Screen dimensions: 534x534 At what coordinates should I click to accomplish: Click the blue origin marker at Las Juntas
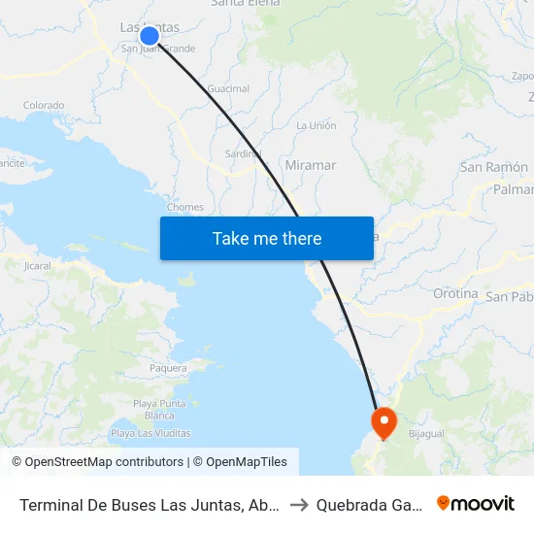coord(149,36)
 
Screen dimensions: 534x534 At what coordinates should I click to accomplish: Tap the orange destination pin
coord(384,421)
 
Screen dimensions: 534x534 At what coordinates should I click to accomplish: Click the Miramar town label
coord(311,166)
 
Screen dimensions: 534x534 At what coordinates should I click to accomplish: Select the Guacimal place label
coord(229,89)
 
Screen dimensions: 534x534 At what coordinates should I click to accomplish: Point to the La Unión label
coord(316,126)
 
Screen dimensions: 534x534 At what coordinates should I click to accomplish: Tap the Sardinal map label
coord(244,153)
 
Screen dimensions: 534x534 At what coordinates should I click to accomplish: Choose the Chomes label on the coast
coord(185,207)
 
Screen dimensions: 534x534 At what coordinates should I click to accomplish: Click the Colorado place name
coord(44,106)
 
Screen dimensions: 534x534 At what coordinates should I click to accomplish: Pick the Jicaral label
coord(37,265)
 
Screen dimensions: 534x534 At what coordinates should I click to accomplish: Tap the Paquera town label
coord(168,369)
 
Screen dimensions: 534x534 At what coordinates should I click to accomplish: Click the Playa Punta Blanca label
coord(159,410)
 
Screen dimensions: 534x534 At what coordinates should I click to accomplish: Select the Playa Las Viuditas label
coord(150,433)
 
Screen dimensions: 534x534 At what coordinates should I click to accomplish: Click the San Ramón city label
coord(493,167)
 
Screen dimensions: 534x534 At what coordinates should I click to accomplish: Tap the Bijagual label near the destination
coord(426,434)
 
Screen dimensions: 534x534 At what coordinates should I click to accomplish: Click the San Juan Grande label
coord(158,49)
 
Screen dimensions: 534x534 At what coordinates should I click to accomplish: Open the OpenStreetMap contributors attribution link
coord(104,462)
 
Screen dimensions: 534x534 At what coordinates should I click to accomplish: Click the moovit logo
coord(476,503)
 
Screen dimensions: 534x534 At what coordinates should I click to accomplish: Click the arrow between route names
coord(300,504)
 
